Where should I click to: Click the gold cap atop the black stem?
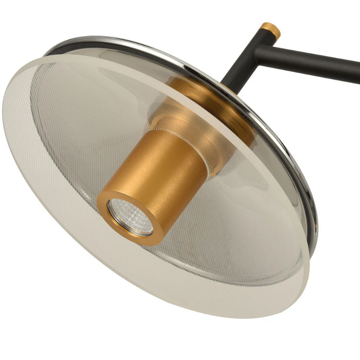tap(270, 30)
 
